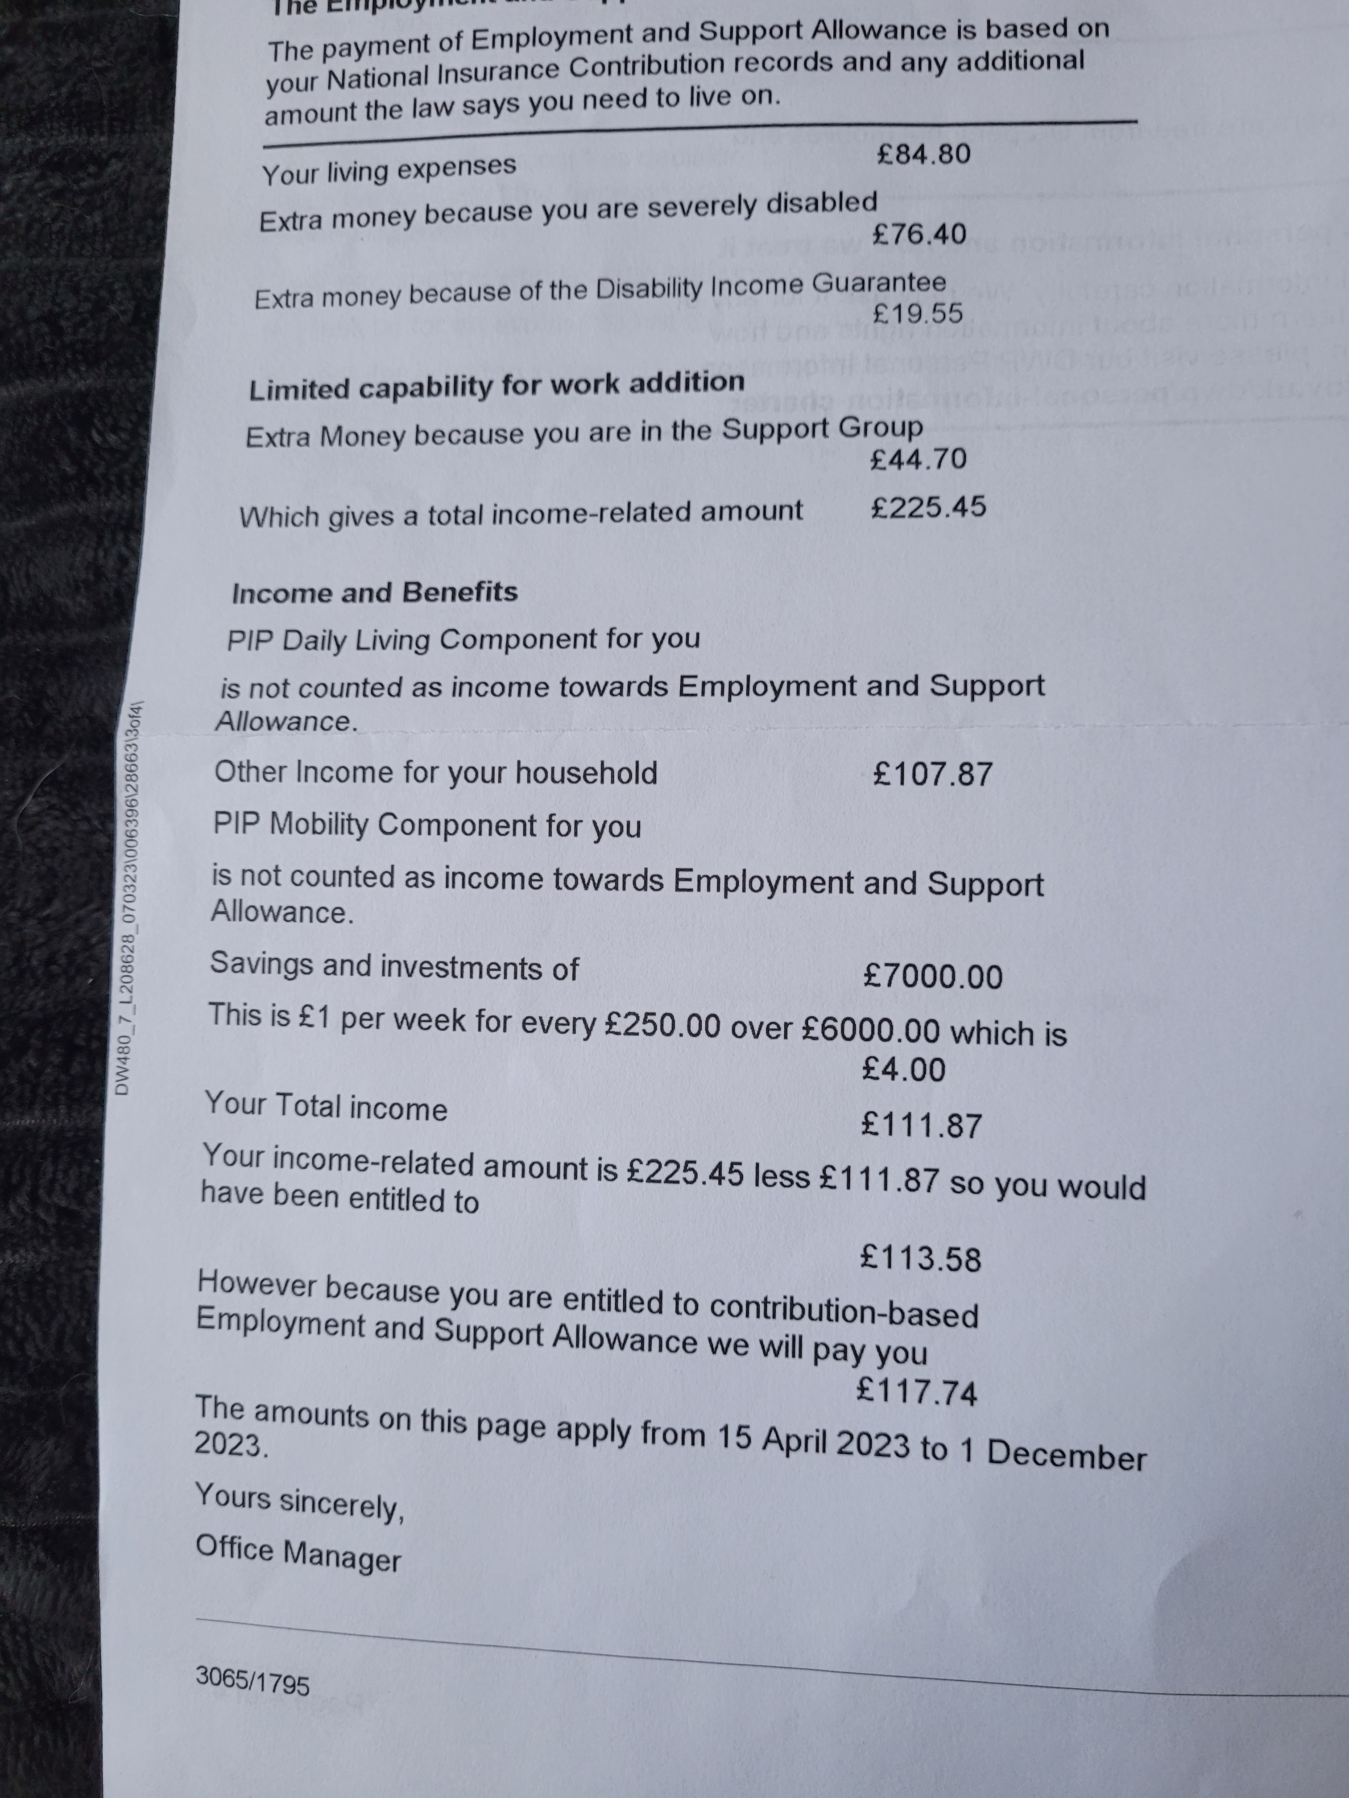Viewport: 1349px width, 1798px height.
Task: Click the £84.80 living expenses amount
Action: pyautogui.click(x=924, y=154)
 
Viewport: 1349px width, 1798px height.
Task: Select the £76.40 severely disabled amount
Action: pyautogui.click(x=919, y=234)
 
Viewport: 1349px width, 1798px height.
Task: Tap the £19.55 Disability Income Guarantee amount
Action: pyautogui.click(x=917, y=313)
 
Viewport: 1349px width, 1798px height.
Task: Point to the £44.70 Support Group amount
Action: pyautogui.click(x=918, y=459)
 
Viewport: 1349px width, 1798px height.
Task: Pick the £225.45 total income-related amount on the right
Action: pyautogui.click(x=928, y=507)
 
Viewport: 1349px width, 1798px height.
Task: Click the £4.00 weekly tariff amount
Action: pyautogui.click(x=903, y=1070)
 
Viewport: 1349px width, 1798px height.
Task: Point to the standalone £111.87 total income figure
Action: pyautogui.click(x=921, y=1126)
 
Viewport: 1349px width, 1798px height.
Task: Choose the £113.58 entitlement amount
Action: pyautogui.click(x=920, y=1258)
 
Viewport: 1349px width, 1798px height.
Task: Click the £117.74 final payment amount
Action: pyautogui.click(x=916, y=1392)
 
